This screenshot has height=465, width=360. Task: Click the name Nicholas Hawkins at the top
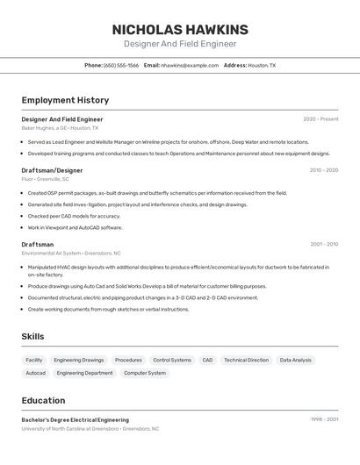click(x=180, y=29)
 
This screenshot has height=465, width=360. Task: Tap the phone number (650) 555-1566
click(x=121, y=65)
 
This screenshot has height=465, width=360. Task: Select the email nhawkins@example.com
click(x=190, y=65)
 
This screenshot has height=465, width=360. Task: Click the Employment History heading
click(x=65, y=100)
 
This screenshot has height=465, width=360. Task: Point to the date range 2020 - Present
click(x=320, y=119)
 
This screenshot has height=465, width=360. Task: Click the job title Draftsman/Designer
click(x=52, y=170)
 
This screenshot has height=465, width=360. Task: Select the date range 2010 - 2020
click(x=323, y=170)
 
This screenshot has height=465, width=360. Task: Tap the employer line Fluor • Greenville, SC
click(x=46, y=179)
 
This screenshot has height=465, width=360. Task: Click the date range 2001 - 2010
click(x=324, y=244)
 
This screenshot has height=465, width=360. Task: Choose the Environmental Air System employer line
click(x=64, y=253)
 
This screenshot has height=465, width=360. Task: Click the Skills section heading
click(x=32, y=336)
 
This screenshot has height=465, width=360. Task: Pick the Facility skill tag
click(x=34, y=360)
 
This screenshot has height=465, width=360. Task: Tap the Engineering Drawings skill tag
click(x=78, y=360)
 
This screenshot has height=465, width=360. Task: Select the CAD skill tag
click(x=207, y=360)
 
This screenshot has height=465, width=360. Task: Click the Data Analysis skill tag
click(x=296, y=360)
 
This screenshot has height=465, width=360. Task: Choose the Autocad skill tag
click(x=35, y=373)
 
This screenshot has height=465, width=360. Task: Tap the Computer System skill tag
click(x=144, y=373)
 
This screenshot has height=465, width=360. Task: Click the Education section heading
click(x=43, y=400)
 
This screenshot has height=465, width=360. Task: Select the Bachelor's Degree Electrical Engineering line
click(x=75, y=419)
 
